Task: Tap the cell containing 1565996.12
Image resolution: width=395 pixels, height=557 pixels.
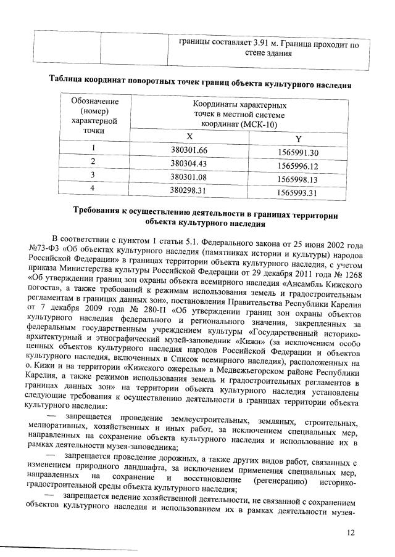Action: [297, 166]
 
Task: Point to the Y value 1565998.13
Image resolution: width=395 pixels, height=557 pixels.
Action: [297, 179]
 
